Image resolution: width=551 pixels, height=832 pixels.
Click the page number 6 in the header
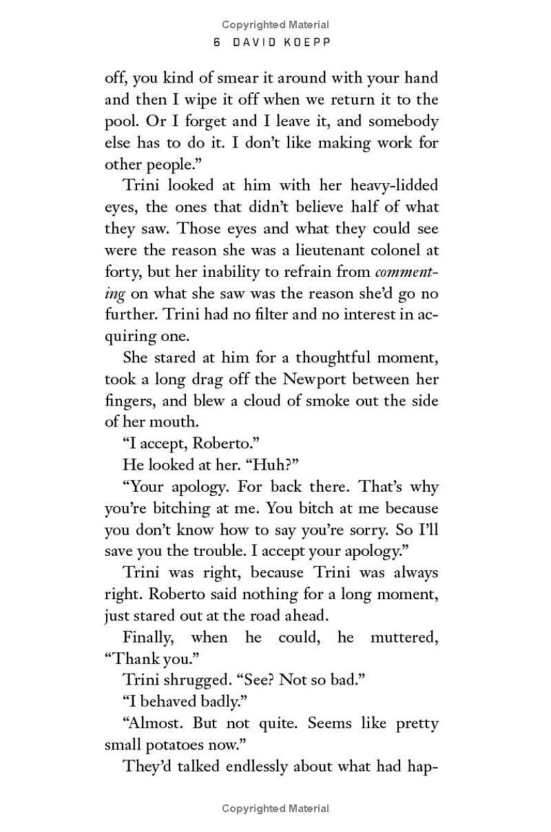216,43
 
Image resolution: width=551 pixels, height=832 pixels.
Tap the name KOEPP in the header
308,43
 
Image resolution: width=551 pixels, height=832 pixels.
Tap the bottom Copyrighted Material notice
275,809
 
